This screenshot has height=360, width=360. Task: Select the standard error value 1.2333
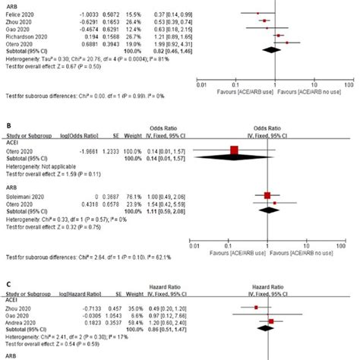coord(111,150)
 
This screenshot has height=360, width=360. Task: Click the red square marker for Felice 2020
coord(257,14)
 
